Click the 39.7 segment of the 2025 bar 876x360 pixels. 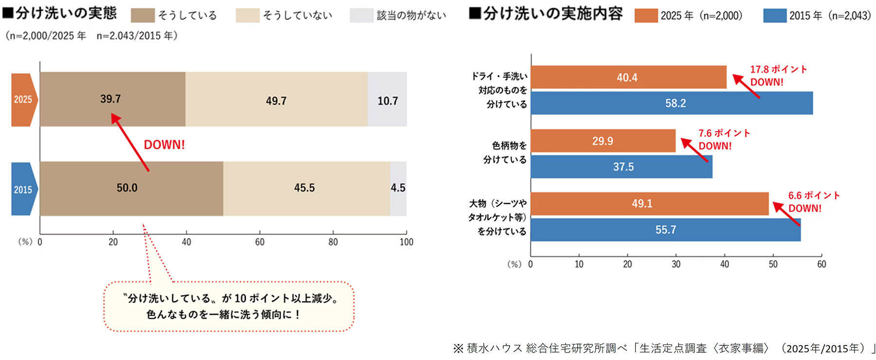(112, 99)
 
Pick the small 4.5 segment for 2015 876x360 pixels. (398, 188)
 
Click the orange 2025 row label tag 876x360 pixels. (23, 100)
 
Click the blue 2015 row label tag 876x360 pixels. (23, 189)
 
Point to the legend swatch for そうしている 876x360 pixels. (143, 16)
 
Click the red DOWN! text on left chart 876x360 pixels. (164, 145)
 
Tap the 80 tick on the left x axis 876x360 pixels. (333, 242)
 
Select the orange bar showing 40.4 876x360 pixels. (628, 77)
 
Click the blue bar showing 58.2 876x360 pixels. (672, 103)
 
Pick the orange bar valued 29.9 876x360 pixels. (602, 141)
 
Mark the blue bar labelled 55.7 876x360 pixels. (665, 230)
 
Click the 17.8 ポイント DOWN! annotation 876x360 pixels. (778, 75)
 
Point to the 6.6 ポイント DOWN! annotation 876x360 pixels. (814, 202)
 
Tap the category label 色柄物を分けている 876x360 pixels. (505, 152)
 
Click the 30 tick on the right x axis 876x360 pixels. (676, 264)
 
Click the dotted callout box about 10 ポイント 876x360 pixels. (229, 306)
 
